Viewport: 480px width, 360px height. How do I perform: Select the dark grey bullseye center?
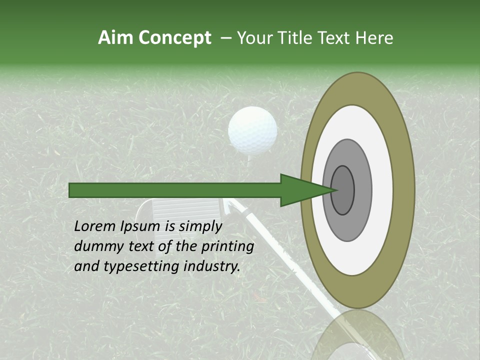coord(343,190)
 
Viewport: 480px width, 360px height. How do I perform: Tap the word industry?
coord(212,266)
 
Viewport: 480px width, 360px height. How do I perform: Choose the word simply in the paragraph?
coord(200,227)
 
